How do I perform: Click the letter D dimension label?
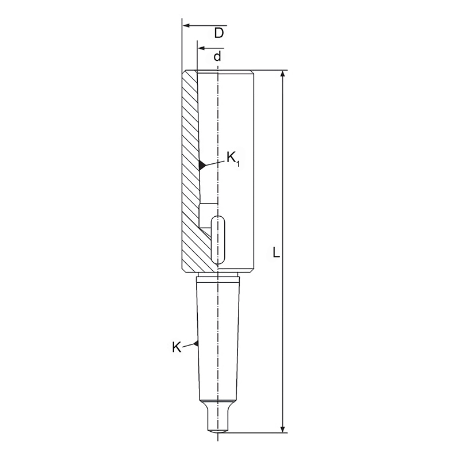219,33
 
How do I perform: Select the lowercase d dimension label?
217,56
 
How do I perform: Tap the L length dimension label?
276,252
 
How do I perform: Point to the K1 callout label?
233,159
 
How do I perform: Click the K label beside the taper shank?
177,347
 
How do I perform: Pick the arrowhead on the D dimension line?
186,26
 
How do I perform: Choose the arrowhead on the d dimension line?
201,48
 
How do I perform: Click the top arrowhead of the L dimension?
283,75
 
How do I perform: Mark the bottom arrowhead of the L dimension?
283,428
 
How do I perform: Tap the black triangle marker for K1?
202,165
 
